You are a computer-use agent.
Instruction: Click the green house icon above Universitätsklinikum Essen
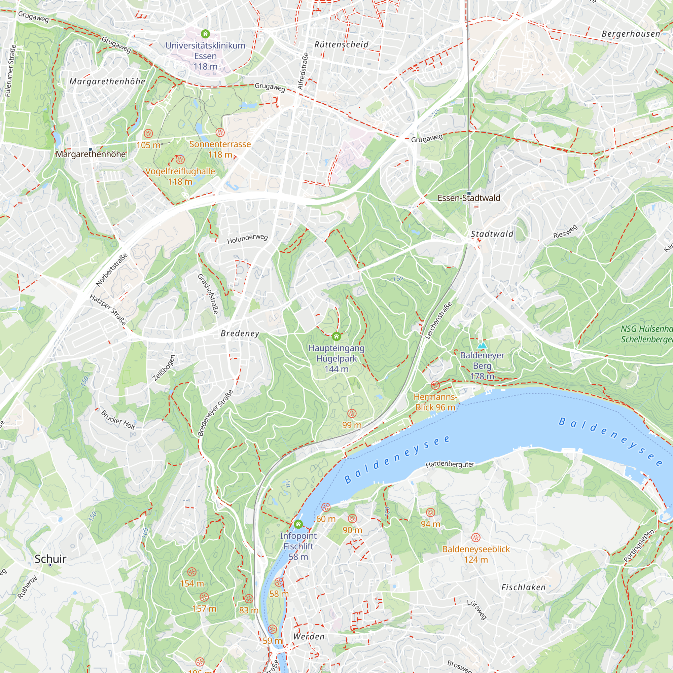tap(206, 34)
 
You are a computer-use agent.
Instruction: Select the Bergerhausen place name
tap(631, 34)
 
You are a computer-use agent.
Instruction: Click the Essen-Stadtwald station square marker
tap(469, 193)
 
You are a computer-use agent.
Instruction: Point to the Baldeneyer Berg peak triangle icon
tap(482, 345)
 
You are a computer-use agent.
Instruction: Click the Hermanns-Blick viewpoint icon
tap(435, 385)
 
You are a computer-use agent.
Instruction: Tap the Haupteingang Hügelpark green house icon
tap(336, 336)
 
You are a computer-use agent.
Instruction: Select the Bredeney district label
tap(240, 333)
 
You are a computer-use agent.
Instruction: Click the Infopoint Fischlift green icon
tap(298, 524)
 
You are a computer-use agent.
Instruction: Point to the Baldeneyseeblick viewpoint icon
tap(476, 537)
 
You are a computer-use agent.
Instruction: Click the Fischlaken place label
tap(523, 587)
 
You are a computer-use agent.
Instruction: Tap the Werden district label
tap(309, 636)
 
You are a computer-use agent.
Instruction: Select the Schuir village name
tap(50, 559)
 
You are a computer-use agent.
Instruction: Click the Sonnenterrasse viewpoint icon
tap(220, 132)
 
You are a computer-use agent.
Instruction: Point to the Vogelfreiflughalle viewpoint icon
tap(180, 160)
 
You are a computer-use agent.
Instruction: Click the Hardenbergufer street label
tap(450, 464)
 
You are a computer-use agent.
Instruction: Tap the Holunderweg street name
tap(247, 238)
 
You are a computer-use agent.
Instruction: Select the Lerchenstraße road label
tap(438, 320)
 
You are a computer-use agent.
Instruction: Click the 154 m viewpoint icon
tap(191, 572)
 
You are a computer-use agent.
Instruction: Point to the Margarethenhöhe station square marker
tap(91, 150)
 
